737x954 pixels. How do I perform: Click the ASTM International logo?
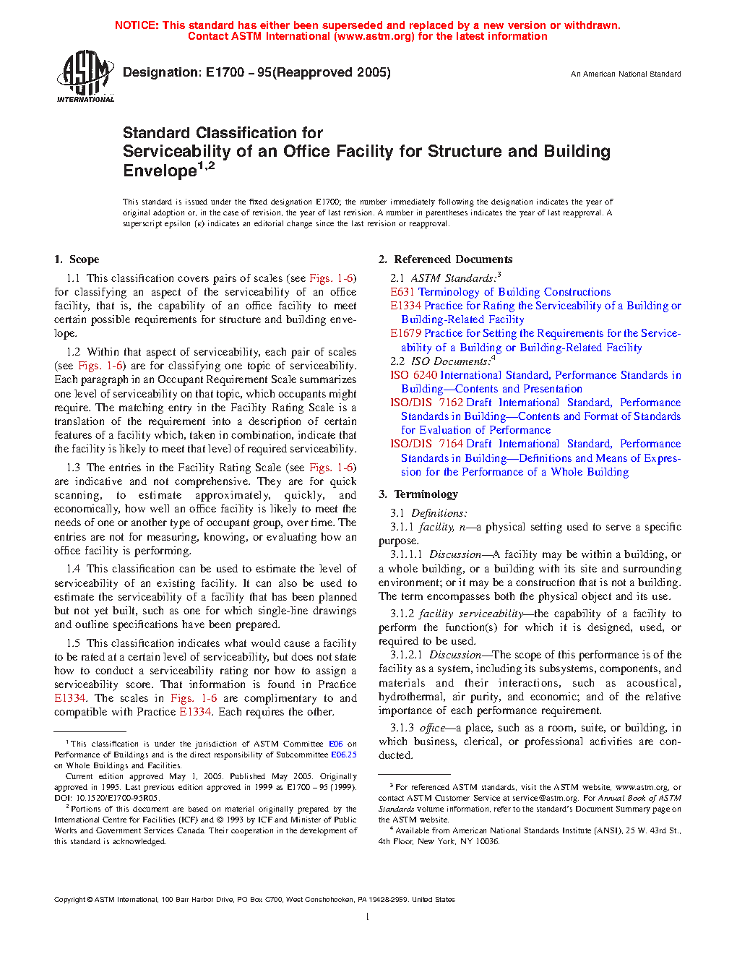point(85,75)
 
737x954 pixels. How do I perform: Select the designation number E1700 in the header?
point(225,72)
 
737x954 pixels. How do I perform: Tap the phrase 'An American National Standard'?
point(626,74)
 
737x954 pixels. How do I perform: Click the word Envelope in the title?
point(160,171)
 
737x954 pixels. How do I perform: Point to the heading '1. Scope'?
point(77,259)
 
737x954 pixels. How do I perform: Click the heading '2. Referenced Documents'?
point(446,259)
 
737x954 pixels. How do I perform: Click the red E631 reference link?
point(402,292)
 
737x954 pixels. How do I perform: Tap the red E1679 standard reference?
point(406,333)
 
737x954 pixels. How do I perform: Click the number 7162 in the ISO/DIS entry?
point(451,403)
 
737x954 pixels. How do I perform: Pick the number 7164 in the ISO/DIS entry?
point(451,444)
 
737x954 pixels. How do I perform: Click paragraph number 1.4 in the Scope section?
point(73,569)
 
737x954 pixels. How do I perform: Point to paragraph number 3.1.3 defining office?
point(402,728)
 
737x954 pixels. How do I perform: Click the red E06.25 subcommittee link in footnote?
point(344,755)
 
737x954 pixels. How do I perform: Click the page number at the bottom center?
point(368,917)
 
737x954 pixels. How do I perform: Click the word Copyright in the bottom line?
point(69,900)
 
